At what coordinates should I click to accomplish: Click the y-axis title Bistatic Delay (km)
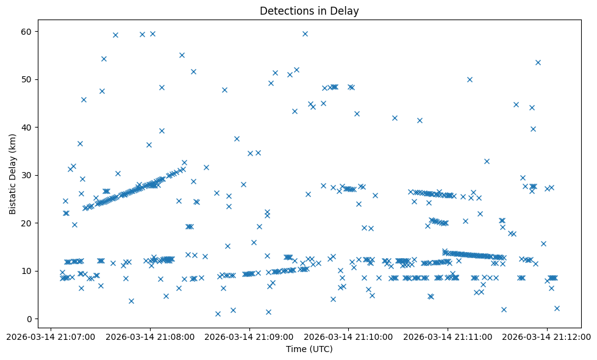click(x=13, y=174)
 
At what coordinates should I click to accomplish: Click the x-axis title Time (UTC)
click(x=309, y=349)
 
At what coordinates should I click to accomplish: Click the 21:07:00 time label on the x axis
click(x=52, y=336)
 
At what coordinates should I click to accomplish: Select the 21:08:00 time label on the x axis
click(x=151, y=336)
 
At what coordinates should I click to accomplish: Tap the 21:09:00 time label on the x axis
click(x=250, y=336)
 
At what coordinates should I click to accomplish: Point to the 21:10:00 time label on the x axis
click(x=349, y=336)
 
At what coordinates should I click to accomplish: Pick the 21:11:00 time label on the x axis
click(x=448, y=336)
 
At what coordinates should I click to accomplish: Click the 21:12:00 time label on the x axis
click(x=547, y=336)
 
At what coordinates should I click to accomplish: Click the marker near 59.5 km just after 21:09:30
click(x=305, y=34)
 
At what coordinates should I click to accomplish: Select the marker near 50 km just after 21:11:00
click(x=470, y=79)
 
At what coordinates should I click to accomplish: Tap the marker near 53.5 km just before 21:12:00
click(x=538, y=62)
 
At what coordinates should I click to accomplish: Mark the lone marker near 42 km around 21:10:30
click(x=395, y=118)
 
